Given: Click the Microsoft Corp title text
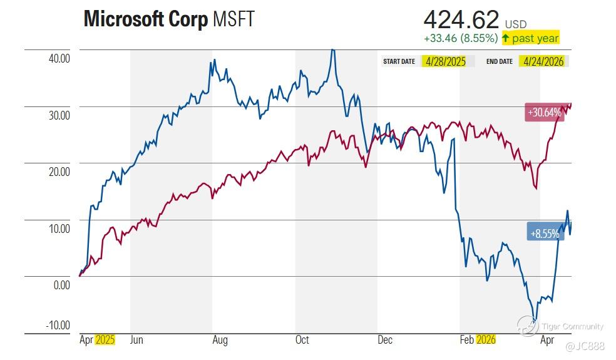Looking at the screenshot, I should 145,19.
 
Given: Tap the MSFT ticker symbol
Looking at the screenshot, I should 234,19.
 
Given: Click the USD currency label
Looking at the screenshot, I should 516,24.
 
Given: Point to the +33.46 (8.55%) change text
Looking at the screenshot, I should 461,38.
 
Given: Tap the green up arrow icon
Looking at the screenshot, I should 505,38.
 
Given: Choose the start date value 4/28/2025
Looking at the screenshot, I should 444,61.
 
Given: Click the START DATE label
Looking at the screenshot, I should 399,61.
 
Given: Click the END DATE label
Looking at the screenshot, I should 500,61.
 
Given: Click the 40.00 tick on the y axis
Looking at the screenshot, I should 59,58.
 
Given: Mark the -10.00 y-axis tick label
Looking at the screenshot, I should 58,325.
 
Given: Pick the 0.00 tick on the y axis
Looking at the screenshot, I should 62,285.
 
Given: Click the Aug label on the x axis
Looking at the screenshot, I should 220,340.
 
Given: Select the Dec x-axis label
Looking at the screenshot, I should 384,340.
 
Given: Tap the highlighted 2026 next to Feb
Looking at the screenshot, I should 486,340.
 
